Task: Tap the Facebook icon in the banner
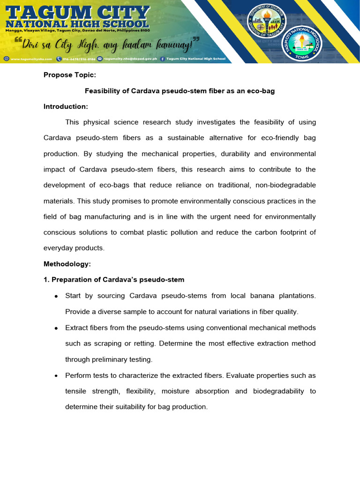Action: point(162,59)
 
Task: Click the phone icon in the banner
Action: point(59,59)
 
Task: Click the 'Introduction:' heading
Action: point(66,106)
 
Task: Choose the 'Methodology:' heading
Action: point(67,264)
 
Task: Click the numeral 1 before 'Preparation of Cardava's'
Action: point(45,280)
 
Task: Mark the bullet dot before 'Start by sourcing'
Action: point(56,296)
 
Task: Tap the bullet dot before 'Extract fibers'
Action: point(56,328)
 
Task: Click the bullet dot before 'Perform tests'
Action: point(56,376)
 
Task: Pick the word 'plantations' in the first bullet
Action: point(297,296)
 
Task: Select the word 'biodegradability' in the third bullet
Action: point(278,391)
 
